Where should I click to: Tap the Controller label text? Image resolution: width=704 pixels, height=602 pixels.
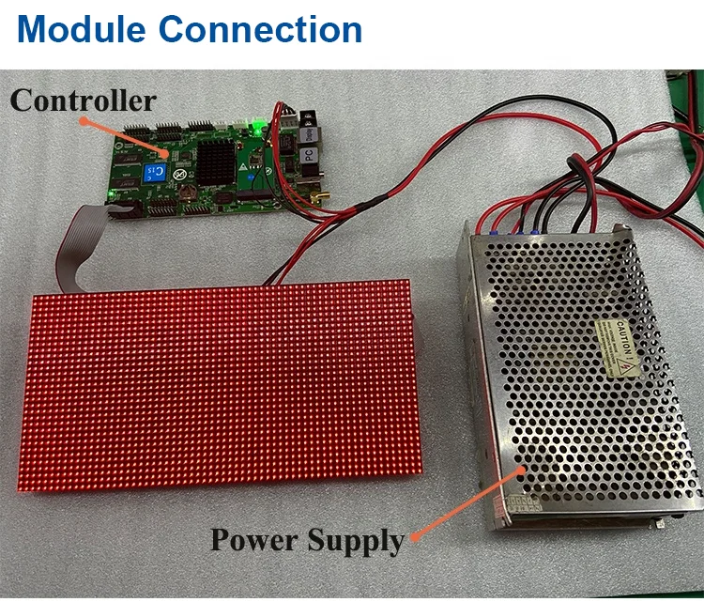(84, 100)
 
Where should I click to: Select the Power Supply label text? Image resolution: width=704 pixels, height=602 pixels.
(306, 540)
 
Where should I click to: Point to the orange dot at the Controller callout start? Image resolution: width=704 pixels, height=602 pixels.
(83, 120)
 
